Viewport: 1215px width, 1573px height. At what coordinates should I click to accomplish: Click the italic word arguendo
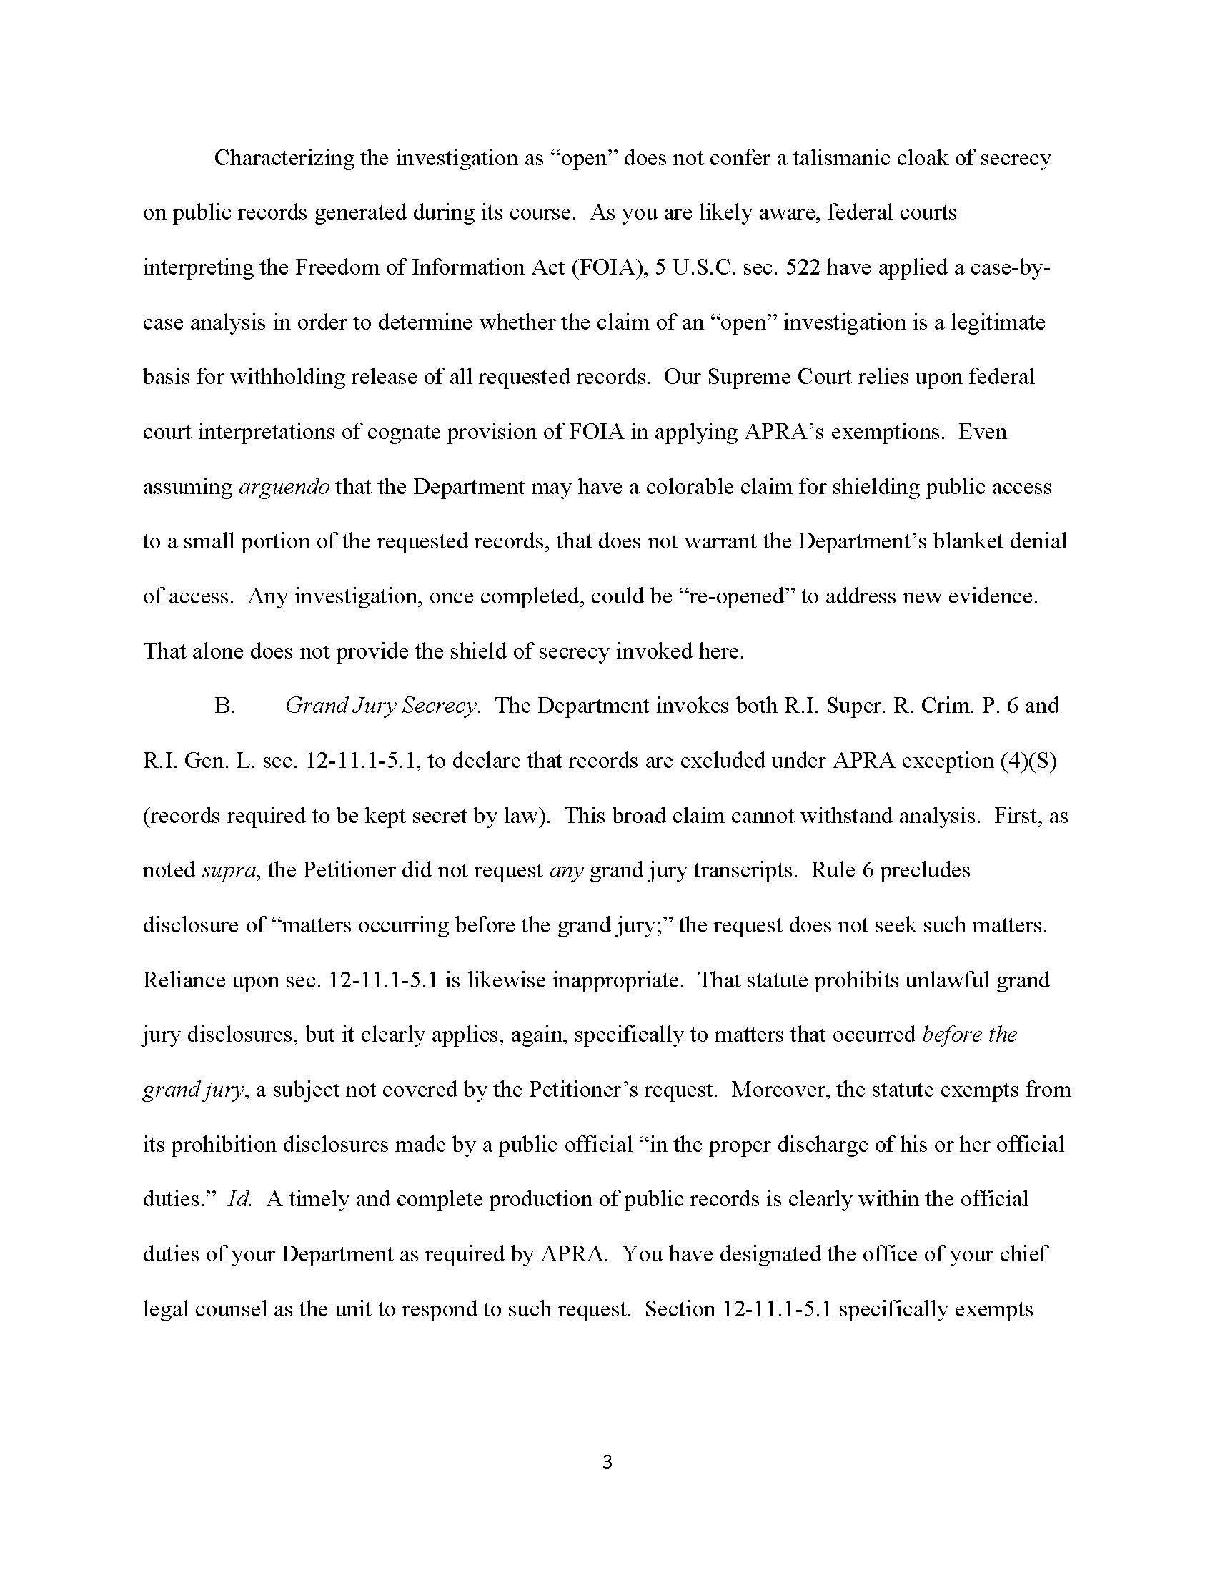(284, 488)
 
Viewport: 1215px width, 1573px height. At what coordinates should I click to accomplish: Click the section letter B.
(224, 706)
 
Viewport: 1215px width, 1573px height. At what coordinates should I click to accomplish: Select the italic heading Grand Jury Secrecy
(382, 706)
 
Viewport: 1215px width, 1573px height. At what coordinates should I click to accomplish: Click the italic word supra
(228, 871)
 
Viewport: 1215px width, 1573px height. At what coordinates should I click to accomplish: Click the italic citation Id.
(238, 1200)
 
